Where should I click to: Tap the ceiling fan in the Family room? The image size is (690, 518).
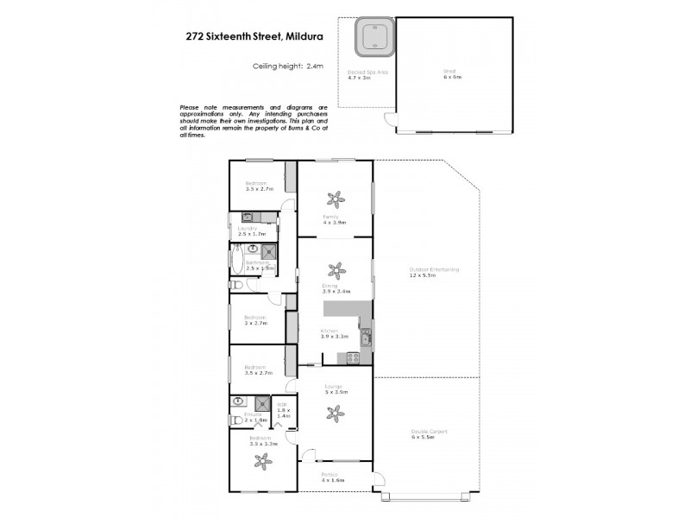coord(336,199)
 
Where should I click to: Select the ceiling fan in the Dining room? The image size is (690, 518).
coord(336,270)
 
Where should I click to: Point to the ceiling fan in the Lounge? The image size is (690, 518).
coord(335,413)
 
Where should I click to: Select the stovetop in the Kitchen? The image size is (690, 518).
coord(352,358)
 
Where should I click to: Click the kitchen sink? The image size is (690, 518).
coord(366,338)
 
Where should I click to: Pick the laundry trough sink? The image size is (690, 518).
coord(235,218)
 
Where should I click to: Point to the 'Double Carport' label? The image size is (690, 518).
coord(429,431)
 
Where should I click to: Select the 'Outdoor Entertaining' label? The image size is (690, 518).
coord(434,269)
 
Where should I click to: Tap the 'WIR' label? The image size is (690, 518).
coord(282,405)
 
